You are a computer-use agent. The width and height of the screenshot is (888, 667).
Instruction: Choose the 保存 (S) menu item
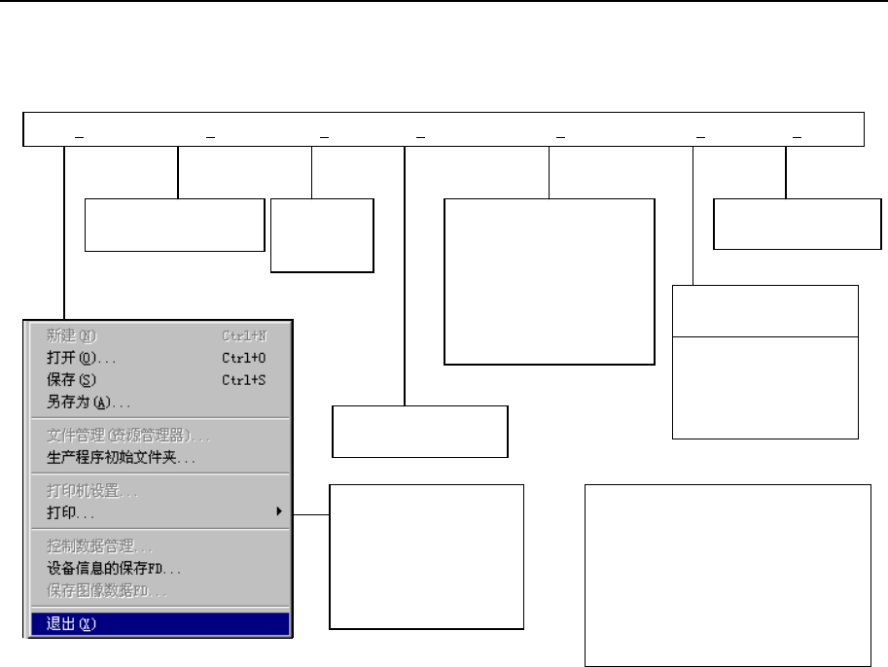pos(72,380)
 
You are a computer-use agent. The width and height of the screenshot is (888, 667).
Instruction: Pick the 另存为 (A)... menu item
pos(89,402)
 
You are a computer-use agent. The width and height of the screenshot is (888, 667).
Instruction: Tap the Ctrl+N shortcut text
pos(243,336)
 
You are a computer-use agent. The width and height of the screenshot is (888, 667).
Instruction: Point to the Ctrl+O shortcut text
pos(243,358)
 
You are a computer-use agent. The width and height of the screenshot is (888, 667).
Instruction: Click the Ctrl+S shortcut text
pos(243,380)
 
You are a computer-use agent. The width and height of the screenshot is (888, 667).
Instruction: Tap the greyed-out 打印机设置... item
pos(92,491)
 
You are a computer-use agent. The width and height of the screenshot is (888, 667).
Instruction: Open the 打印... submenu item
pos(71,512)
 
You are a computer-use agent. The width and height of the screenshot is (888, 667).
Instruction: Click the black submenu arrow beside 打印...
pos(279,511)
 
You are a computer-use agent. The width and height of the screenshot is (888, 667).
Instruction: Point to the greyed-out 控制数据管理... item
pos(100,547)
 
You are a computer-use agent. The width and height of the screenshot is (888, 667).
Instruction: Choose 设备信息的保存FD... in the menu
pos(114,569)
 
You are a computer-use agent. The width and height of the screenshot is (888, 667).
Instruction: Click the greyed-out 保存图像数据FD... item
pos(107,590)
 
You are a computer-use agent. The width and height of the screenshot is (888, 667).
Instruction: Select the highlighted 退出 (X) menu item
pos(71,624)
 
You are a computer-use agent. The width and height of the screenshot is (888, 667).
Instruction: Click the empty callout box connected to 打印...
pos(427,556)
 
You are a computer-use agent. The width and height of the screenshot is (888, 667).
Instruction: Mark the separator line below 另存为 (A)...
pos(157,419)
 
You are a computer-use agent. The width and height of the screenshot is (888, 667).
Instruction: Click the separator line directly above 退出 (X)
pos(157,608)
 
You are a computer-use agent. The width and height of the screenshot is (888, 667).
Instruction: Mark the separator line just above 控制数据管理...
pos(157,530)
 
